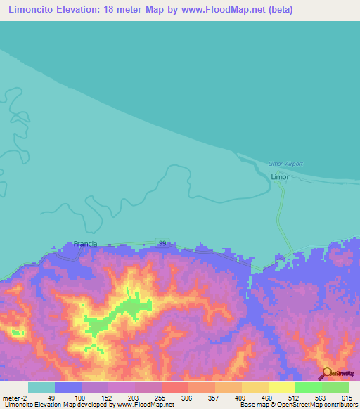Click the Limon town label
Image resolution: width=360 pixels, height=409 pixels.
[281, 178]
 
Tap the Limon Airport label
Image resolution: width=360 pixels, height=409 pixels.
[285, 164]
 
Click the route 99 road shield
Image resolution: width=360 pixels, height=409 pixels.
[162, 242]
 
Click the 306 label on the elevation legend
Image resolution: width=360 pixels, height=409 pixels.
[187, 397]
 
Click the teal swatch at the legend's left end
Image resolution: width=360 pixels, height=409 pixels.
[41, 387]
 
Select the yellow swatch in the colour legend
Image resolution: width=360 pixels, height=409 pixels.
[282, 387]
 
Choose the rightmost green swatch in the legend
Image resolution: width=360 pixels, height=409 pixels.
[335, 387]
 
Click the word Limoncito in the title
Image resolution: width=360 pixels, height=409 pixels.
[34, 10]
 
